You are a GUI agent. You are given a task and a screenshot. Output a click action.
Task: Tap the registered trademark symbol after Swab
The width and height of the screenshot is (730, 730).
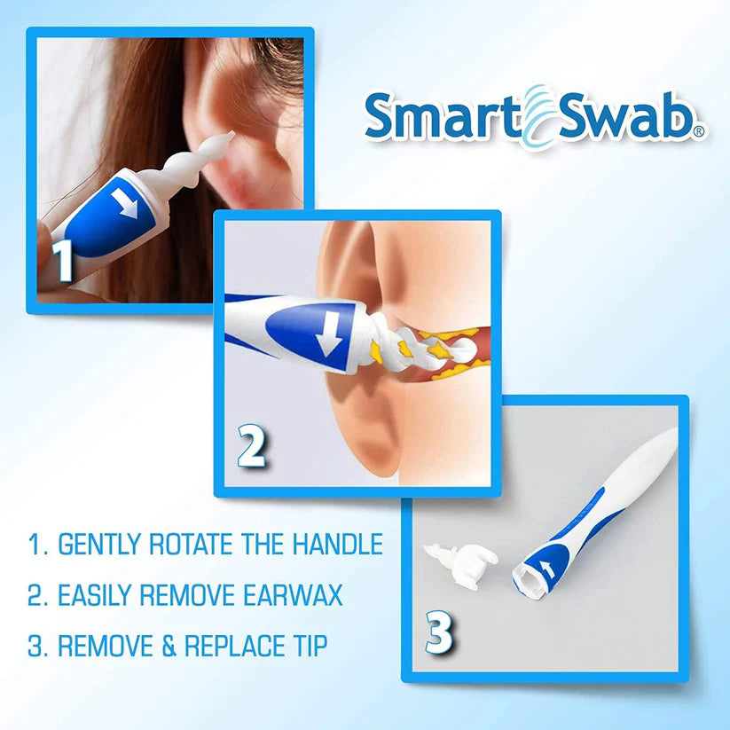click(699, 131)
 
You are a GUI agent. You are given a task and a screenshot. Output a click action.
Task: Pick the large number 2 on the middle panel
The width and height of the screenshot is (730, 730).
click(251, 449)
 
